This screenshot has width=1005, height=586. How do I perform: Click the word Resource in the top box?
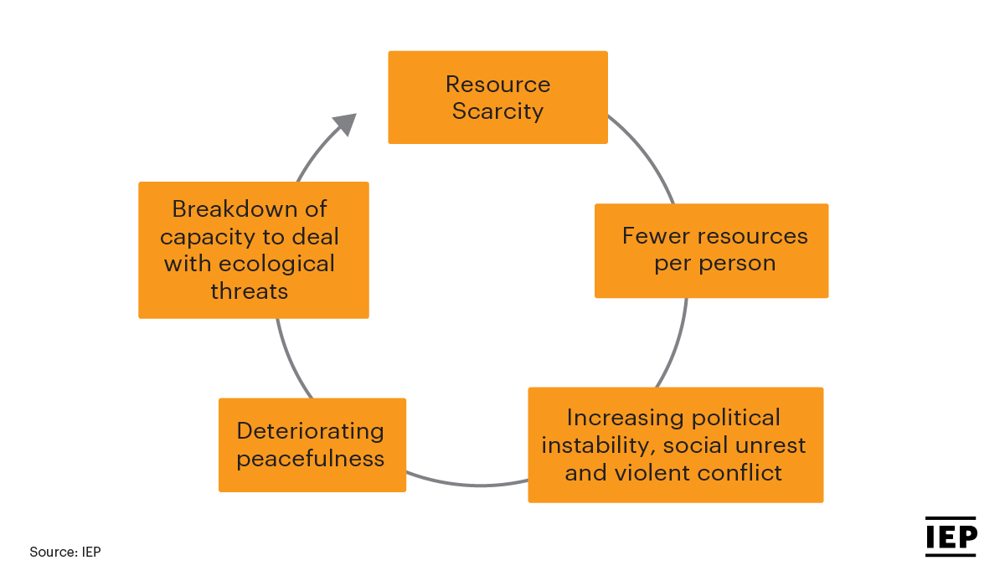[x=497, y=85]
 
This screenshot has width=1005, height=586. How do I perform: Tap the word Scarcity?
[x=497, y=111]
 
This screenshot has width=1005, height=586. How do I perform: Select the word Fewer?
[x=655, y=236]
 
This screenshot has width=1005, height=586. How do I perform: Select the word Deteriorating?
[x=311, y=432]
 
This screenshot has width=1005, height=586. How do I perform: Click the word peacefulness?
[x=311, y=460]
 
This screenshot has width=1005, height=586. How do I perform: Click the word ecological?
[x=276, y=265]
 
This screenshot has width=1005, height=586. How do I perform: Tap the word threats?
[x=250, y=291]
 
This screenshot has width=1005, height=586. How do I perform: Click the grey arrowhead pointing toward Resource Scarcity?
[x=345, y=123]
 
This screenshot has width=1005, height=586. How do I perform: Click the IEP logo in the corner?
[x=951, y=537]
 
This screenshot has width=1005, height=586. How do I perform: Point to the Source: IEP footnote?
[x=65, y=552]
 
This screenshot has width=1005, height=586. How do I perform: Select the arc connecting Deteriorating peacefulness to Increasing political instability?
[x=466, y=484]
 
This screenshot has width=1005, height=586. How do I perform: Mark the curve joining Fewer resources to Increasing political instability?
[x=676, y=345]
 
